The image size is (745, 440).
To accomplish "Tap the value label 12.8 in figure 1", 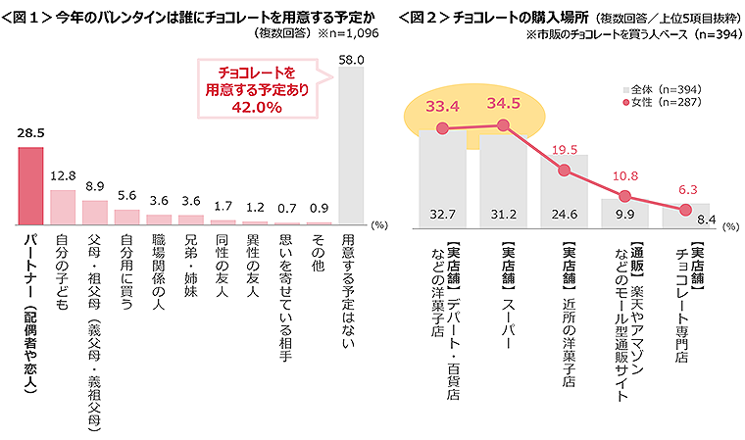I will [63, 175].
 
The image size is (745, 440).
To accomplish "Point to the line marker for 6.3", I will [685, 209].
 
